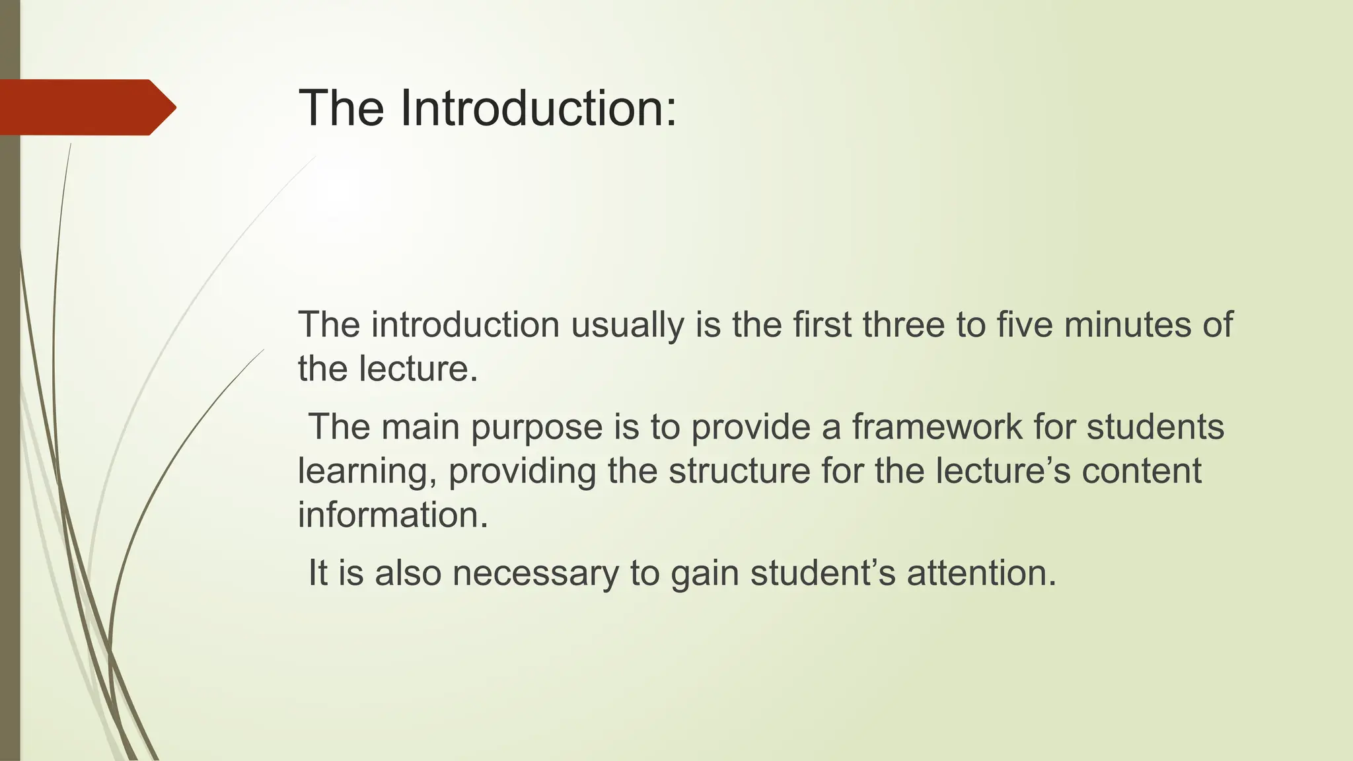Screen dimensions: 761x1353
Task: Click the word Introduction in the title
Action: tap(538, 108)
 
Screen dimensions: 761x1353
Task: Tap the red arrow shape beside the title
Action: tap(86, 107)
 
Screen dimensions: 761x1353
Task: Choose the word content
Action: tap(1141, 470)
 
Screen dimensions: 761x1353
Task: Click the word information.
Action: tap(393, 515)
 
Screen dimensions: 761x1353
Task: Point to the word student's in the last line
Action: tap(823, 572)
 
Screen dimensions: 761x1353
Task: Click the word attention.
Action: tap(982, 572)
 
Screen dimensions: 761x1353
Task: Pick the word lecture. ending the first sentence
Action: tap(418, 368)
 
